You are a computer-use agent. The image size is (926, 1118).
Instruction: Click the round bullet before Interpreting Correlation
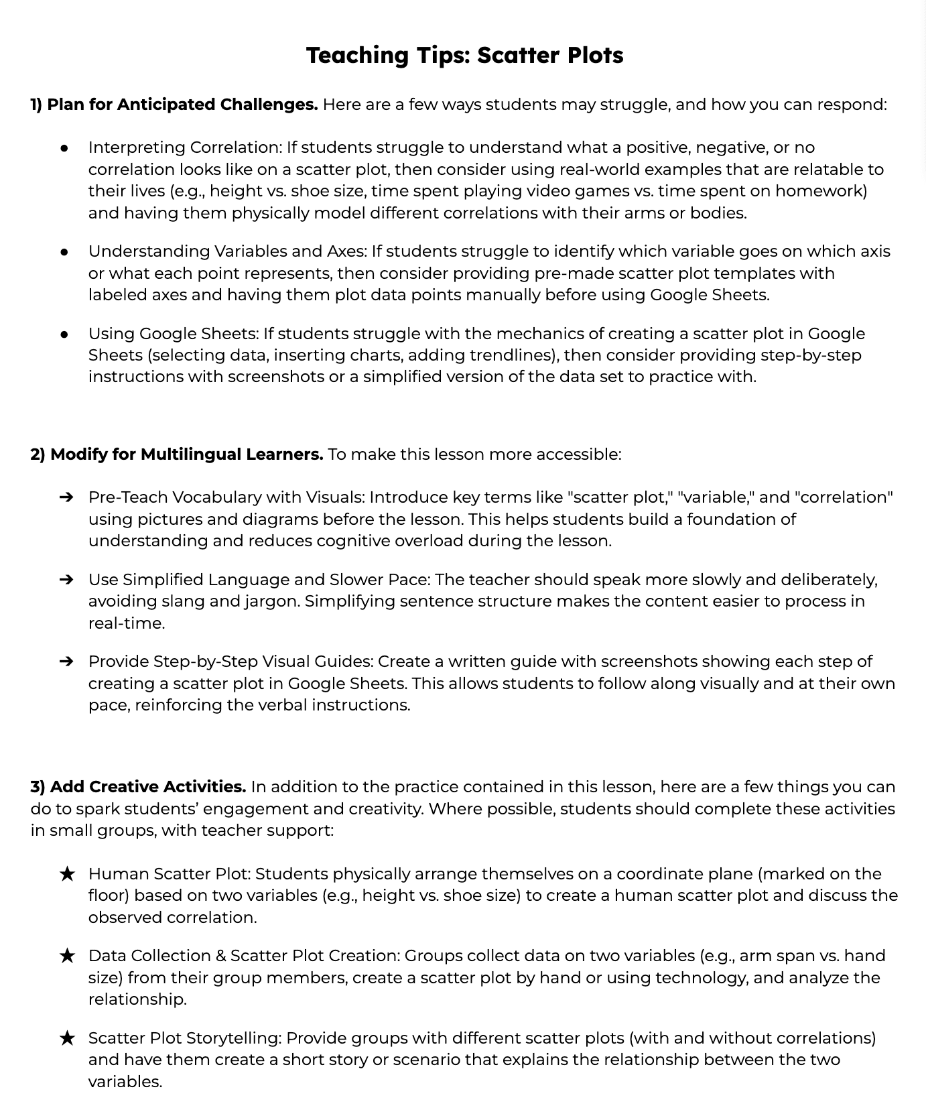pyautogui.click(x=65, y=147)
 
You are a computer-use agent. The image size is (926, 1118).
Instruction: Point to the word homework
pyautogui.click(x=821, y=191)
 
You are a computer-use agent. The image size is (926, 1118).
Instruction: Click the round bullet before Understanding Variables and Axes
pyautogui.click(x=65, y=251)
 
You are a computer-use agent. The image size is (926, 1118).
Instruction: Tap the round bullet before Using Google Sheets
pyautogui.click(x=65, y=334)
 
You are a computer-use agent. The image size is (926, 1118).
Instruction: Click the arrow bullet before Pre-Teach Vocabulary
pyautogui.click(x=66, y=497)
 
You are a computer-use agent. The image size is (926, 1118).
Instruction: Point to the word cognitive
pyautogui.click(x=356, y=541)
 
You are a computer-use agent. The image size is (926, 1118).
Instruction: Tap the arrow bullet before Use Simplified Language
pyautogui.click(x=66, y=580)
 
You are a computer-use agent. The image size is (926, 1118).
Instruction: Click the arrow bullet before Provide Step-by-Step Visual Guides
pyautogui.click(x=66, y=662)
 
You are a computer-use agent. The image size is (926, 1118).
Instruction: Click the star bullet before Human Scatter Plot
pyautogui.click(x=67, y=874)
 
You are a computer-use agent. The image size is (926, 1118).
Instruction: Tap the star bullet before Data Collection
pyautogui.click(x=67, y=956)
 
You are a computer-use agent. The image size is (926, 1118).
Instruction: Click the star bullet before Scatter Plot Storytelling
pyautogui.click(x=67, y=1038)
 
